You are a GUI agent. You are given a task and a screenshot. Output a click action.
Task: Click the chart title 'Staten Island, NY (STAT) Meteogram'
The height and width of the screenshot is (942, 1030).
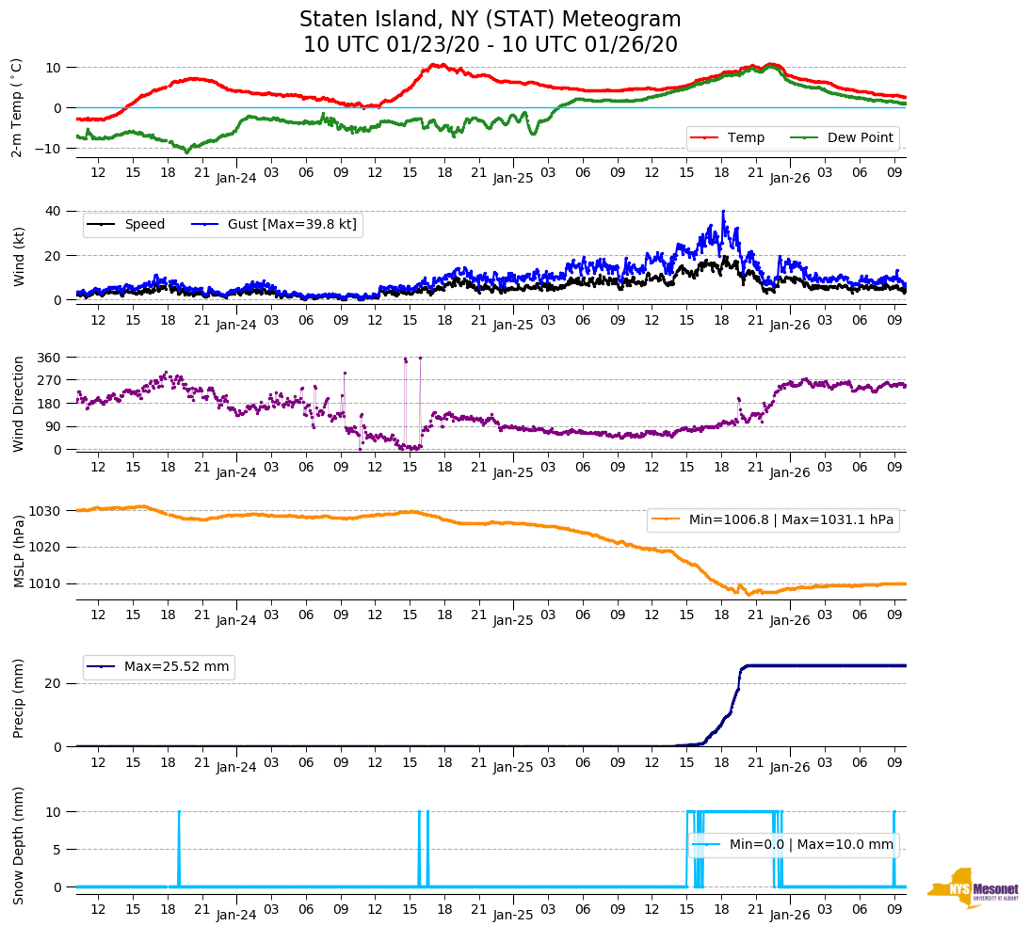coord(490,20)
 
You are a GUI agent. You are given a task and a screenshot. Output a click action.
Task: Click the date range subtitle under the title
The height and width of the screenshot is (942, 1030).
coord(490,45)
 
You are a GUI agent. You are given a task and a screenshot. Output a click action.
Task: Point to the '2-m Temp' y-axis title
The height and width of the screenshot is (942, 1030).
coord(16,106)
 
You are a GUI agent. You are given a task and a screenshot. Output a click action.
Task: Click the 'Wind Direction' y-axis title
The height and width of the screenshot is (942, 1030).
coord(18,403)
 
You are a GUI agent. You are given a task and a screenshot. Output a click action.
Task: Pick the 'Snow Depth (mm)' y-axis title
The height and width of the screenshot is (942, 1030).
coord(18,845)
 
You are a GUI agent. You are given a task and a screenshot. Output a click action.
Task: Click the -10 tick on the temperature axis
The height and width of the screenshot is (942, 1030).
coord(50,149)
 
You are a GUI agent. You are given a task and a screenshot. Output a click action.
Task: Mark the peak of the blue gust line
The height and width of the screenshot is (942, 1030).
coord(723,211)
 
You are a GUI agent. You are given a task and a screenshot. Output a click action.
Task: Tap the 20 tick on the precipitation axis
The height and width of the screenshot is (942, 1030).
coord(56,684)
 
